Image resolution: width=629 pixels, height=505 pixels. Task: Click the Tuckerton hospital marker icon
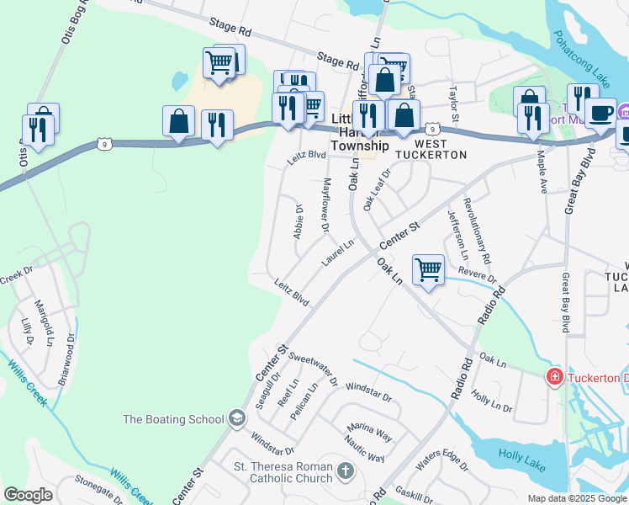(553, 376)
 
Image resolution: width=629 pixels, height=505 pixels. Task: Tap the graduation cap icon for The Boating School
(237, 419)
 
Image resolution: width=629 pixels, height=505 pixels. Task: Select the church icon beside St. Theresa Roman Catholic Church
(346, 472)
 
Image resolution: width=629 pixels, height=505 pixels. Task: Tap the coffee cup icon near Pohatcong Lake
(601, 111)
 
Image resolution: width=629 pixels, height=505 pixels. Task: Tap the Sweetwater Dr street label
(312, 368)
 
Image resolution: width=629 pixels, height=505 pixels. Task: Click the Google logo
(29, 495)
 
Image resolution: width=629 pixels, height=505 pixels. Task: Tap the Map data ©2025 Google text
(576, 498)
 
